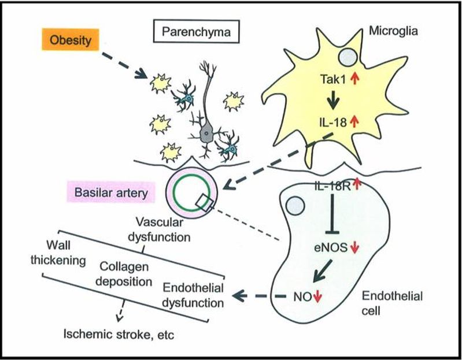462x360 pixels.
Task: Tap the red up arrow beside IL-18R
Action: [x=357, y=184]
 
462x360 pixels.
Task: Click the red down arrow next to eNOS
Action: [x=354, y=248]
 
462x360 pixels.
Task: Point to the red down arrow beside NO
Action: [x=317, y=298]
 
